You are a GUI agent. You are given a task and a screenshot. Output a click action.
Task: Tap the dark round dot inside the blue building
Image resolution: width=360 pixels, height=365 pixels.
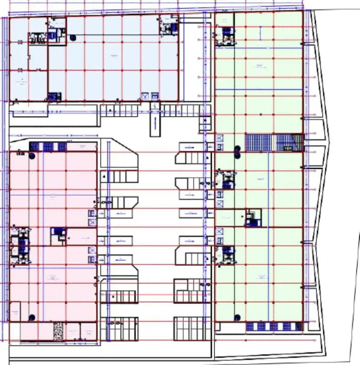tap(73, 37)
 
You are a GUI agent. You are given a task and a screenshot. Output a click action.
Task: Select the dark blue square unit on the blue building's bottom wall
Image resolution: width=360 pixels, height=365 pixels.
tap(54, 96)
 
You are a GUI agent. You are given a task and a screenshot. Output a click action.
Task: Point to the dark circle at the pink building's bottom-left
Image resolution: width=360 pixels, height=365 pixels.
tap(32, 317)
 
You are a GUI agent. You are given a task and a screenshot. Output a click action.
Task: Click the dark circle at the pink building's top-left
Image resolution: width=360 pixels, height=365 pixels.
tap(32, 156)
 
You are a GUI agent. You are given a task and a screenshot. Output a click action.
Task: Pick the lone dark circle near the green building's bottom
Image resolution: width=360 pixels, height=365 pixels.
tap(237, 317)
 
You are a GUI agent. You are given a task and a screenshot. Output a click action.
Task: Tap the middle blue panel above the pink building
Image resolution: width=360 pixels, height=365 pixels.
tap(49, 146)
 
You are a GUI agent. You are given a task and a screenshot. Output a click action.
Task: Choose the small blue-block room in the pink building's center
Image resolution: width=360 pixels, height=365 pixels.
tap(57, 234)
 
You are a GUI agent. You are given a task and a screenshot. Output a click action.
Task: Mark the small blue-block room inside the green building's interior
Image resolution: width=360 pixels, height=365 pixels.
tap(252, 218)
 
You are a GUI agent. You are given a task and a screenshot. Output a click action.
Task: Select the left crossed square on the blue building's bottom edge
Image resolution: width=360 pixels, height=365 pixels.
tap(145, 96)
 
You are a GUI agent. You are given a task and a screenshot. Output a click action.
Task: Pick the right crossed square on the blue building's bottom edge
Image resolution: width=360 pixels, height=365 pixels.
tap(155, 96)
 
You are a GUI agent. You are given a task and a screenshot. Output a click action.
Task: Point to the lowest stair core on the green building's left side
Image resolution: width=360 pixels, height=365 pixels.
tap(225, 255)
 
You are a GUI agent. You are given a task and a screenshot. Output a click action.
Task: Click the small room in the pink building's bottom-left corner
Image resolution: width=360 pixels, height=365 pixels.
tap(15, 312)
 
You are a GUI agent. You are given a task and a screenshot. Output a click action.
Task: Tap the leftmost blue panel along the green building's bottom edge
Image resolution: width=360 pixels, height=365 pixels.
tap(250, 326)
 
